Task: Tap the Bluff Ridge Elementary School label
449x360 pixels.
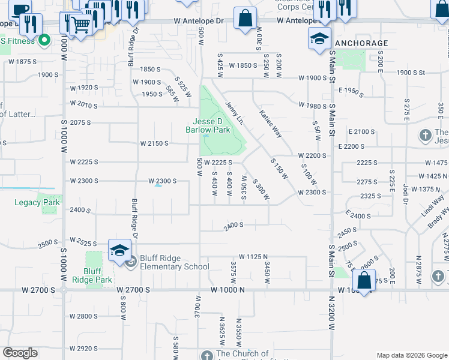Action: pyautogui.click(x=175, y=262)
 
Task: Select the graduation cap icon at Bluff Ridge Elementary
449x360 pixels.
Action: pyautogui.click(x=120, y=250)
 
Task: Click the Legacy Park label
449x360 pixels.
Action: pyautogui.click(x=37, y=202)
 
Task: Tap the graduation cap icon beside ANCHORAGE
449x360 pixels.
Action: pyautogui.click(x=319, y=39)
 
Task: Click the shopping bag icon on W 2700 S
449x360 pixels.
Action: pyautogui.click(x=364, y=280)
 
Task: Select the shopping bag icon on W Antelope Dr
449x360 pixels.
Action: pyautogui.click(x=245, y=18)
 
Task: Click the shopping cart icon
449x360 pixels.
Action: pyautogui.click(x=79, y=25)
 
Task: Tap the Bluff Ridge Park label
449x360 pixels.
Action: pyautogui.click(x=98, y=275)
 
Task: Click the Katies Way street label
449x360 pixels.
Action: pyautogui.click(x=270, y=123)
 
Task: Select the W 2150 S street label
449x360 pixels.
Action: pyautogui.click(x=154, y=143)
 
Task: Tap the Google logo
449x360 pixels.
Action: pyautogui.click(x=20, y=353)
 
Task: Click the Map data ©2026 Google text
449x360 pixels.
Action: pyautogui.click(x=411, y=355)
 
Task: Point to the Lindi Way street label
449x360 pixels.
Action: pyautogui.click(x=432, y=204)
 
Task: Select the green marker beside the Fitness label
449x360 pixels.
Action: pyautogui.click(x=44, y=41)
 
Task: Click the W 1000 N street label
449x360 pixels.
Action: pyautogui.click(x=229, y=290)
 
